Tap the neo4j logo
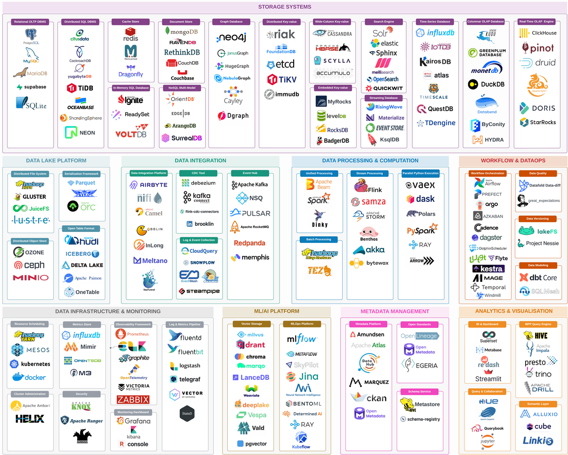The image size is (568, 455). pos(232,38)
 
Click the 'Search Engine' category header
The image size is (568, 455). pos(383,22)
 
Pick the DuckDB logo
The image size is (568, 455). pos(487,85)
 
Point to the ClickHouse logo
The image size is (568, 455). pos(537,33)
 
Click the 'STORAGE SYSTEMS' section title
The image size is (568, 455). pos(284,7)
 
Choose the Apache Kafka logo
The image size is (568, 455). pos(249,184)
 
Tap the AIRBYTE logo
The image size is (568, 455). pos(148,185)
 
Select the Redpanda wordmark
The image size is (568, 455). pos(249,243)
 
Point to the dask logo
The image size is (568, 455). pos(420,199)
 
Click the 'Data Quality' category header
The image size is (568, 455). pos(538,173)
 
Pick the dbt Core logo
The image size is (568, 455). pos(538,278)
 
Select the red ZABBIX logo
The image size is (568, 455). pos(133,400)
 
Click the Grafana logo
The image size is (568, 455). pos(134,421)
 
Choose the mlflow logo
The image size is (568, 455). pos(302,339)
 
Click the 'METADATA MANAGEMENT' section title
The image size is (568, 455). pos(395,311)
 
